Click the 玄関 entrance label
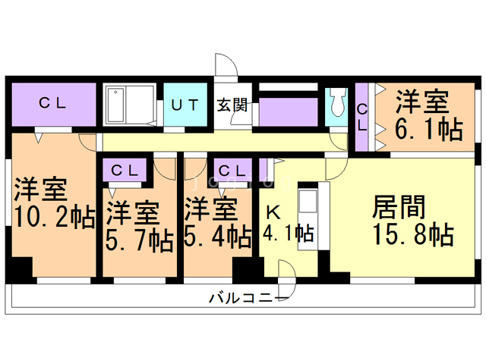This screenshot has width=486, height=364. [x=232, y=105]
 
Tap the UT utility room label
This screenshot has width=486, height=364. [x=185, y=105]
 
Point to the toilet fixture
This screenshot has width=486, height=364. [x=336, y=103]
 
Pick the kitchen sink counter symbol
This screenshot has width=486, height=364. [x=308, y=203]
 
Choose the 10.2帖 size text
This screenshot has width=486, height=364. [x=54, y=218]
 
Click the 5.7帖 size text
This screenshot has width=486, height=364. [x=140, y=240]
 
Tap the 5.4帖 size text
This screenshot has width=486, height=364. [x=219, y=237]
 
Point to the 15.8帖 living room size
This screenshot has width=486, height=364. [x=413, y=233]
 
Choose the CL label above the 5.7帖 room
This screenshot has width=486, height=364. [x=124, y=170]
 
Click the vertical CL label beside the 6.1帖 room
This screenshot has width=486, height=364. [x=362, y=118]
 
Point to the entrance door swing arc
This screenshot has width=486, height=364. [x=227, y=68]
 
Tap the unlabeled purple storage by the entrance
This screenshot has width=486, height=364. [x=289, y=112]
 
